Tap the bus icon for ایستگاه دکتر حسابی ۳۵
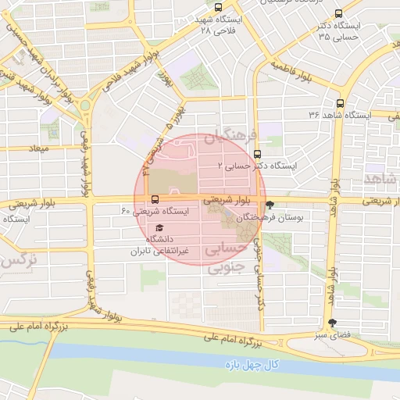click(337, 13)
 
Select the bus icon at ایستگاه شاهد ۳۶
click(339, 103)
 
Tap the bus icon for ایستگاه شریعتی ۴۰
click(155, 199)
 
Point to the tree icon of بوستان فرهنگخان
click(270, 205)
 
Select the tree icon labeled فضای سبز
click(333, 323)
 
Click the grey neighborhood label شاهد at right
click(380, 180)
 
